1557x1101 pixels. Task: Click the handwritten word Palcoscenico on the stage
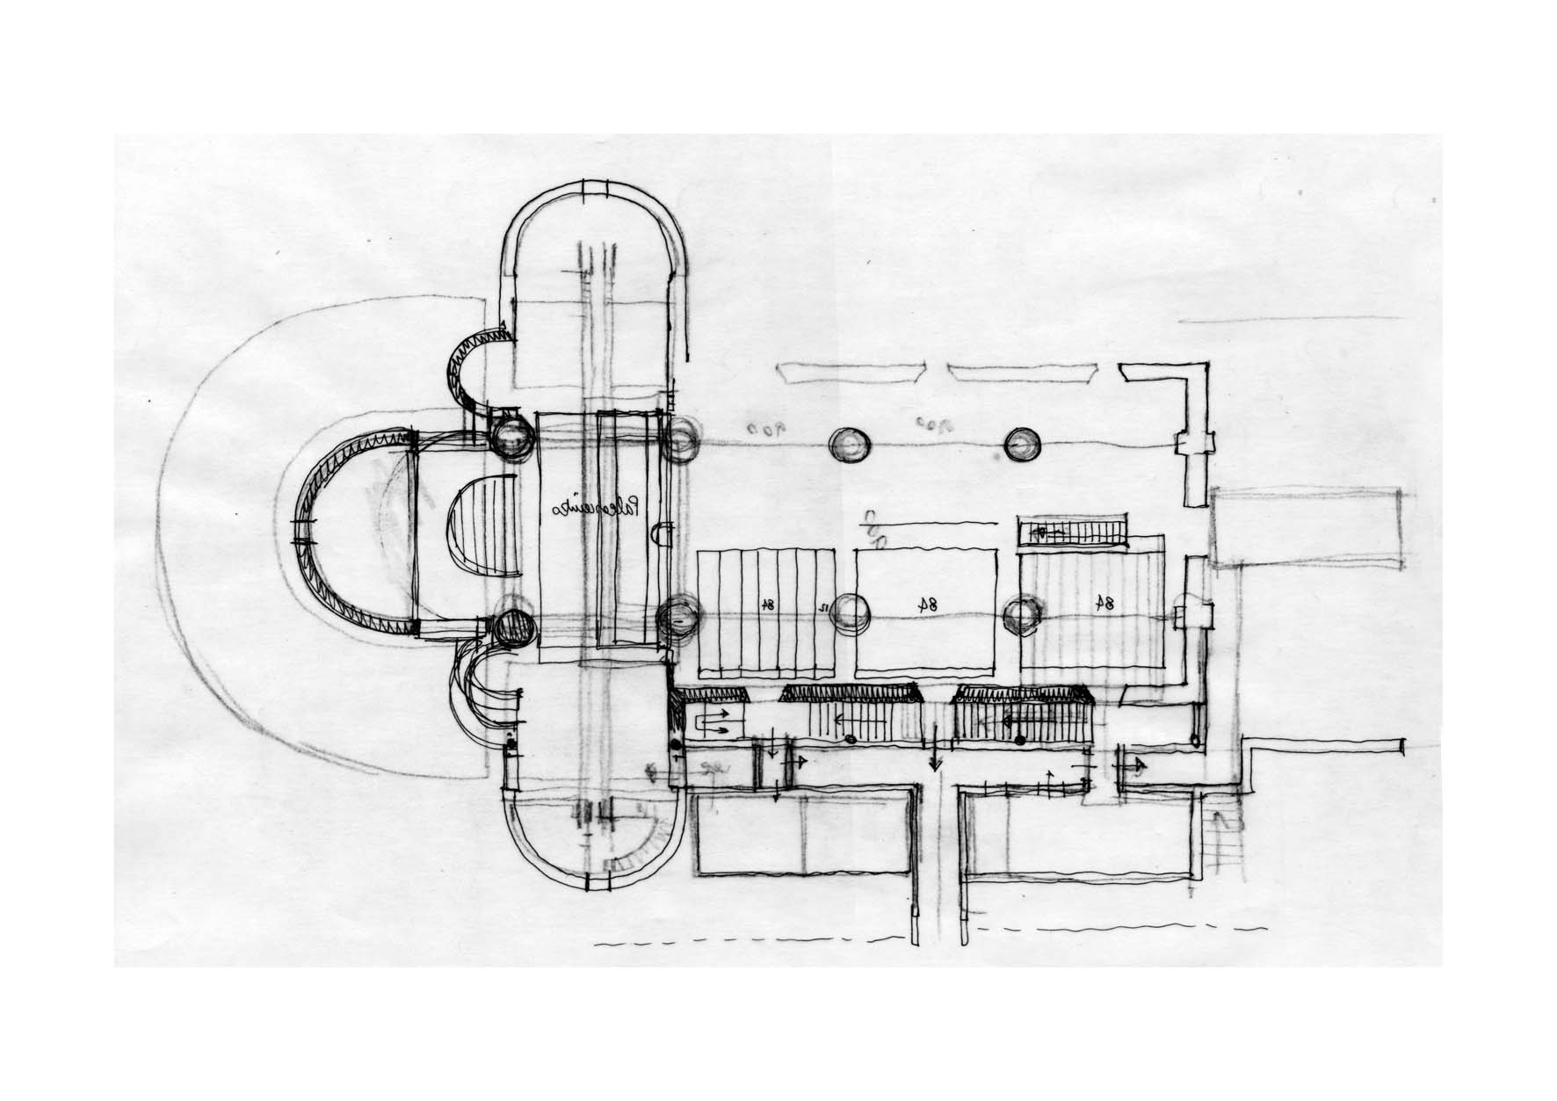[x=599, y=509]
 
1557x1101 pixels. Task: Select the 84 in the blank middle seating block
[x=925, y=604]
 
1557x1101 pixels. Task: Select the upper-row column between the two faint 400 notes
[x=850, y=445]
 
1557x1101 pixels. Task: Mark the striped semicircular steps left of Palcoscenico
[x=482, y=531]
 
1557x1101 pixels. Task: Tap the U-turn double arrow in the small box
[x=714, y=723]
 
